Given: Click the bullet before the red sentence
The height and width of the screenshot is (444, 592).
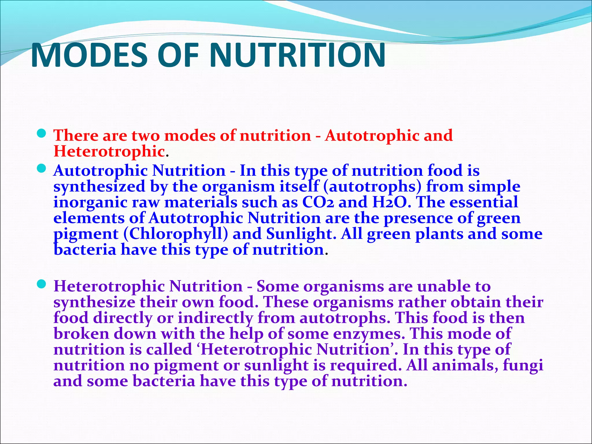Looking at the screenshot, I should (42, 133).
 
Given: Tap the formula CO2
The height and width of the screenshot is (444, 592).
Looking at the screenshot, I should (318, 202).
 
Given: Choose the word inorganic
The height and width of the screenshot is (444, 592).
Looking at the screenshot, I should (90, 202).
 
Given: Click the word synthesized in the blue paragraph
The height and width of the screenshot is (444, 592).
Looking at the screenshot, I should (99, 186).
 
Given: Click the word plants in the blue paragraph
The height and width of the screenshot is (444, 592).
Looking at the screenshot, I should (439, 234).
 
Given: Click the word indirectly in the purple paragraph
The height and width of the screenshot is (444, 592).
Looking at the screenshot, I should (215, 318).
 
